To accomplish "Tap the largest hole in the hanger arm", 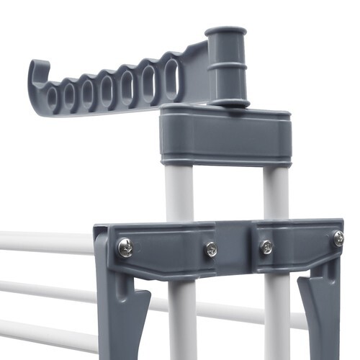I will (x=171, y=78).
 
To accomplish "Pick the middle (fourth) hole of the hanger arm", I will (x=107, y=91).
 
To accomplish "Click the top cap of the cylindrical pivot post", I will (x=225, y=33).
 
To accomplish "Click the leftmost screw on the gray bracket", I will (x=125, y=248).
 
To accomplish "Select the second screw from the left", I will (x=212, y=249).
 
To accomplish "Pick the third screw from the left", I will (x=266, y=246).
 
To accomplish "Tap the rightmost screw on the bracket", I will (x=338, y=239).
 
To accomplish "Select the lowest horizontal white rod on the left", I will (x=43, y=333).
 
